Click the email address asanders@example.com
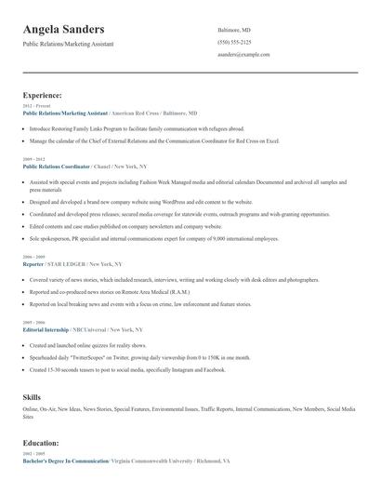(x=244, y=55)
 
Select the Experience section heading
(x=43, y=95)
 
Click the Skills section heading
(x=32, y=397)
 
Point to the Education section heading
(x=42, y=443)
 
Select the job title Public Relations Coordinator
(x=57, y=166)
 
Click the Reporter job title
(x=33, y=263)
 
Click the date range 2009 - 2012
(x=33, y=159)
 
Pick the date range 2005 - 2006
(x=33, y=323)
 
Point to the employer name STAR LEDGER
(x=68, y=263)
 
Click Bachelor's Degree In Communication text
(x=66, y=460)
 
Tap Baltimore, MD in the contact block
(x=234, y=29)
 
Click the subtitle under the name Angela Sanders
(x=70, y=44)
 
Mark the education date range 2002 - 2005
(x=33, y=454)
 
